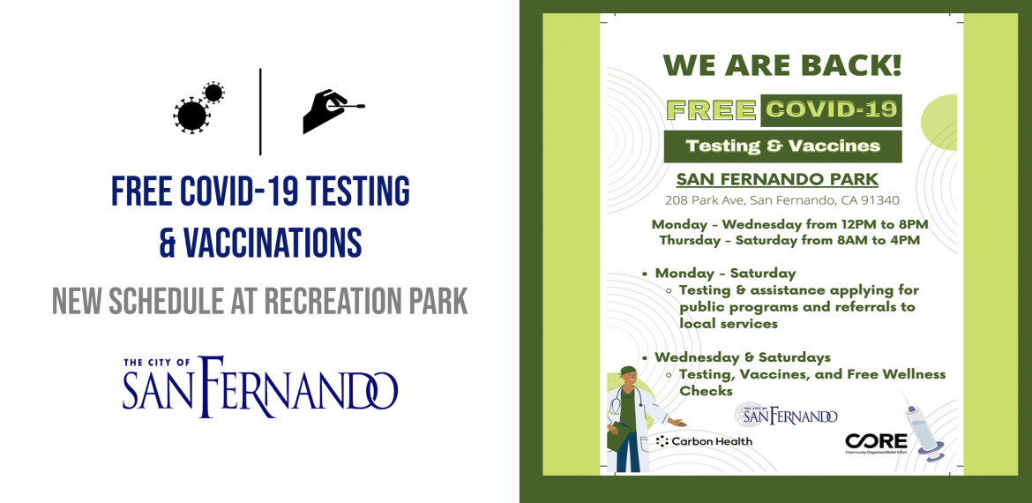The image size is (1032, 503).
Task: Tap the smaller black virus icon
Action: [213, 93]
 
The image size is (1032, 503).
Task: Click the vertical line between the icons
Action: [260, 111]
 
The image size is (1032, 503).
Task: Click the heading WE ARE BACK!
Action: [781, 65]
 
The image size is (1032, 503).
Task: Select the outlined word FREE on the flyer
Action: [712, 110]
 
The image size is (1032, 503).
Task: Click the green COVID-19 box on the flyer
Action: [831, 110]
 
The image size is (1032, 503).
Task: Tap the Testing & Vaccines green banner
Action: [782, 146]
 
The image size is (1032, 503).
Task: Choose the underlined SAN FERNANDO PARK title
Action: [777, 178]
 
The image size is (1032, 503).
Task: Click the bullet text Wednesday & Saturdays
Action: [743, 357]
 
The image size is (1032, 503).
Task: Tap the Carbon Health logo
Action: [704, 441]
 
